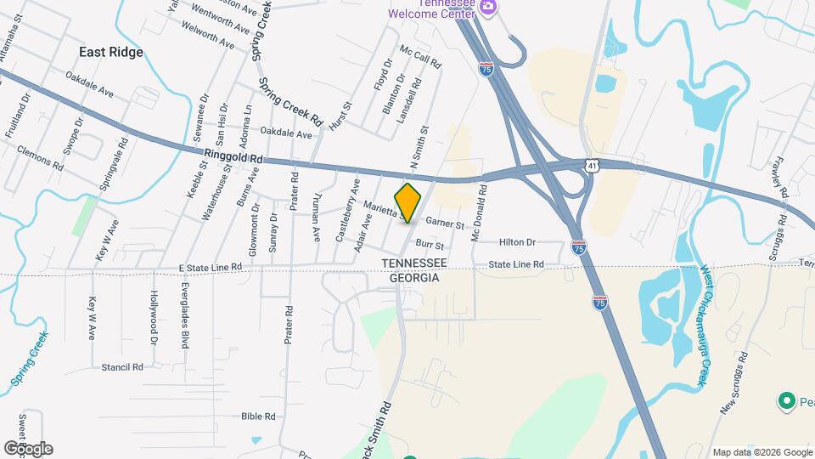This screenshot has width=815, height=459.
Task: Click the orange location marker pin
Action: [408, 202]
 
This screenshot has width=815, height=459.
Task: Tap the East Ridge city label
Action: [111, 52]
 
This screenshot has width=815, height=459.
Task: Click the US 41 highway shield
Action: [592, 162]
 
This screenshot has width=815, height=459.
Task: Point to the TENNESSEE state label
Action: [413, 263]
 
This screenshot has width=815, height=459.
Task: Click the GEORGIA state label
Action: [413, 278]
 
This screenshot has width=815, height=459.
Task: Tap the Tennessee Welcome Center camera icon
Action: [488, 7]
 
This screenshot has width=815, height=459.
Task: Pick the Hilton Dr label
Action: [518, 242]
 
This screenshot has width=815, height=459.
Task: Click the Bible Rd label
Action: [259, 416]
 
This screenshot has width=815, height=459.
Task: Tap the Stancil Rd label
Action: [121, 367]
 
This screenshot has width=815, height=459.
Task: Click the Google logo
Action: [28, 449]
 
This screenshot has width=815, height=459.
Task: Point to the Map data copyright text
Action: [762, 452]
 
